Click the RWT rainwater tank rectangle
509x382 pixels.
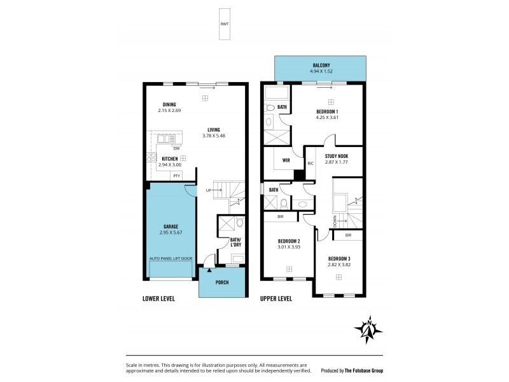(224, 24)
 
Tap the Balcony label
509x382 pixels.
(320, 66)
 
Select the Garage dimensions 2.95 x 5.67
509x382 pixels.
(170, 233)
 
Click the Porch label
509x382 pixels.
(222, 282)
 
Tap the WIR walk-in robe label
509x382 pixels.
(286, 160)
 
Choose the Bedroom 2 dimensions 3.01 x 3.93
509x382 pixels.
(289, 247)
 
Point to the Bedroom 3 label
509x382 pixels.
(339, 258)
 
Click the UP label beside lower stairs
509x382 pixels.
(208, 190)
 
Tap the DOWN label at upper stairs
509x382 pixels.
(335, 220)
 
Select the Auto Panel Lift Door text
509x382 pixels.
(170, 258)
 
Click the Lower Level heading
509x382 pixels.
(158, 298)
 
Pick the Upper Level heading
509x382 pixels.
(276, 298)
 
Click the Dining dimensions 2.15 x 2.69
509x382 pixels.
(169, 111)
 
